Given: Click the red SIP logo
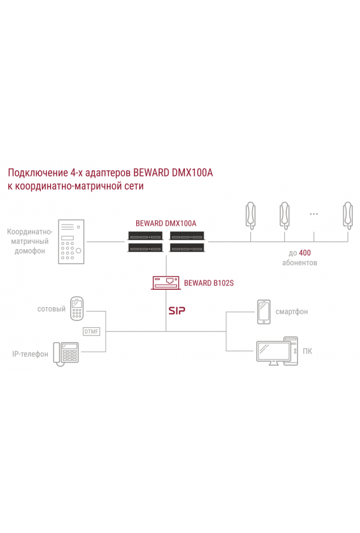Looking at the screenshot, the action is click(x=177, y=310).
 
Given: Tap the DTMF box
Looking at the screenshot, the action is click(x=91, y=331).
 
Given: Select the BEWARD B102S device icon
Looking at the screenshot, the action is click(x=166, y=283).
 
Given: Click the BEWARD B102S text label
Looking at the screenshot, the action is click(x=209, y=283).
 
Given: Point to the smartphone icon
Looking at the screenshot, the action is click(x=264, y=312).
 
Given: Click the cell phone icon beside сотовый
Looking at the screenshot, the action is click(x=77, y=309).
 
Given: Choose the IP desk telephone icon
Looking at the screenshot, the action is click(x=66, y=354).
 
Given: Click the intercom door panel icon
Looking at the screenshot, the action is click(x=71, y=242).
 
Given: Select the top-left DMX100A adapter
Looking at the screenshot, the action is click(x=145, y=236).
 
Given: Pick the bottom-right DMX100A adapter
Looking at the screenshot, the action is click(x=187, y=248).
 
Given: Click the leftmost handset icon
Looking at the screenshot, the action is click(x=251, y=215).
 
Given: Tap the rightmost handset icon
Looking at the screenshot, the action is click(x=348, y=215).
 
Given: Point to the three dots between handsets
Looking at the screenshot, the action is click(x=314, y=214).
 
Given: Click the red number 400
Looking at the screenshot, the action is click(x=305, y=253).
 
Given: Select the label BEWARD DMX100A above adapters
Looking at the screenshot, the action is click(x=166, y=223).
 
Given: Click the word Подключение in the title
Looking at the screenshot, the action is click(x=38, y=173).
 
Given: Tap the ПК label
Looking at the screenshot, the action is click(x=307, y=351).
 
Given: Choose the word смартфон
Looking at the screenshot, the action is click(x=292, y=312).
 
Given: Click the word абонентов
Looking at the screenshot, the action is click(x=299, y=263).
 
